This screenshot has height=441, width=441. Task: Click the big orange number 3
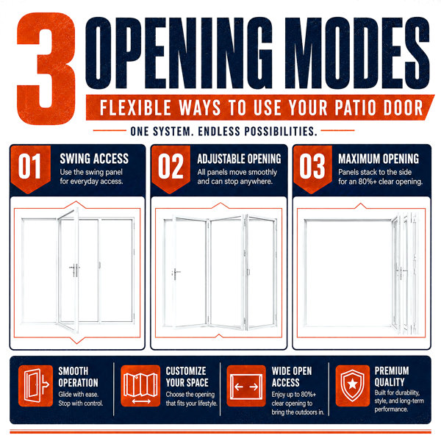click(46, 68)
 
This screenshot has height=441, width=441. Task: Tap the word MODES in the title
click(357, 54)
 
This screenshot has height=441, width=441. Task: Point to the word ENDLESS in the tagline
click(219, 132)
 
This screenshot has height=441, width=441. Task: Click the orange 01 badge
click(30, 168)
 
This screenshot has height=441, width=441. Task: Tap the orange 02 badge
click(171, 168)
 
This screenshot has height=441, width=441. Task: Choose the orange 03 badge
click(312, 168)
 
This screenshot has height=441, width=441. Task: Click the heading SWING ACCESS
click(94, 159)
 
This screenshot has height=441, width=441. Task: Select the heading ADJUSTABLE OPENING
click(239, 159)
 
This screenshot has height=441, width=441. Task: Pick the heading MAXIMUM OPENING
click(379, 159)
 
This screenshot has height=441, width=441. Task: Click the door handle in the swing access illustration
click(74, 270)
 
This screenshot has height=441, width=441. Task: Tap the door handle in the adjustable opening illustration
click(176, 274)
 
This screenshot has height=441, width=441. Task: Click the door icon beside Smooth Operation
click(36, 386)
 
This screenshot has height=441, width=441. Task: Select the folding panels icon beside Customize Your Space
click(140, 386)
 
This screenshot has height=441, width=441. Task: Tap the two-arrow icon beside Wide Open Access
click(246, 386)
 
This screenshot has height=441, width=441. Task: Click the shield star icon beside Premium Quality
click(352, 386)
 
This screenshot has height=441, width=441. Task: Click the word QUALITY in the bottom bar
click(390, 382)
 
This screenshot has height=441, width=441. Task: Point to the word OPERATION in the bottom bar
click(79, 383)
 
